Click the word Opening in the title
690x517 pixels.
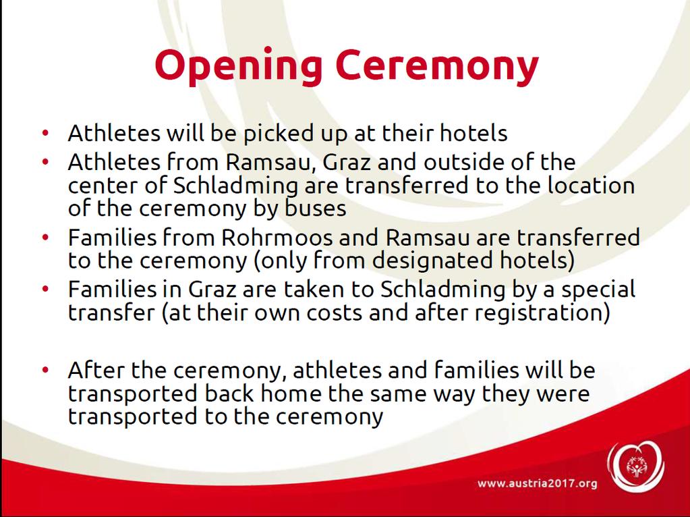pos(238,66)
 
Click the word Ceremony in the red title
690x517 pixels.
pos(436,66)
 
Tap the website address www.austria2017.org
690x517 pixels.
pos(538,483)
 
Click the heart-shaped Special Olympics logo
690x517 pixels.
pos(636,466)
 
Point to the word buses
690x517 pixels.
pos(315,209)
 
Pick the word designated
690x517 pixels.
pos(432,261)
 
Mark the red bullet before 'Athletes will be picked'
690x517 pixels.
pos(45,132)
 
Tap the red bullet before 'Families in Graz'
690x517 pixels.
pos(45,289)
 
